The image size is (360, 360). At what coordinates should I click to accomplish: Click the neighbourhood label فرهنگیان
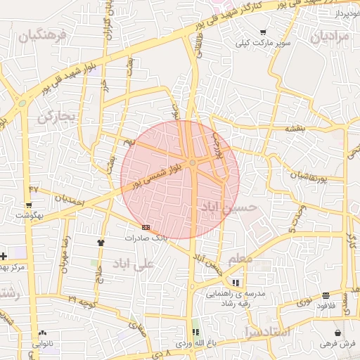coord(43,35)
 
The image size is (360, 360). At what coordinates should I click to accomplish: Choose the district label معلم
coord(240,259)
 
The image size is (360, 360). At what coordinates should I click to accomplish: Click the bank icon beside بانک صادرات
coord(146,227)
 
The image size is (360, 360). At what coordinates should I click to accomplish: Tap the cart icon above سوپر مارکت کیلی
coord(263,32)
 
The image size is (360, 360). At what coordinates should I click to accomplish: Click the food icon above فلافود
coord(325,296)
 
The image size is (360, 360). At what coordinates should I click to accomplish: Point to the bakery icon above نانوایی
coord(43,333)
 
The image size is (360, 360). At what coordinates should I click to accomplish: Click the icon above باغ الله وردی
coord(196,331)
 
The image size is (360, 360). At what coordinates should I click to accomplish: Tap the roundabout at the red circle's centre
coord(192,164)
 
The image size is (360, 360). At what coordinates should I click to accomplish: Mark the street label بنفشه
coord(294,129)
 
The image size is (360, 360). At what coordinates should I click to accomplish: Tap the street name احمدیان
coord(68,200)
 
